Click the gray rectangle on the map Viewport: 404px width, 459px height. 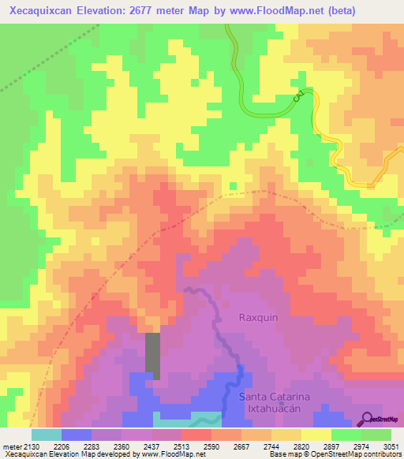click(x=152, y=356)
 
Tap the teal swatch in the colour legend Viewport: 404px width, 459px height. click(x=47, y=435)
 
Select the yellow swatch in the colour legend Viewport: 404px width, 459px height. click(x=316, y=435)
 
